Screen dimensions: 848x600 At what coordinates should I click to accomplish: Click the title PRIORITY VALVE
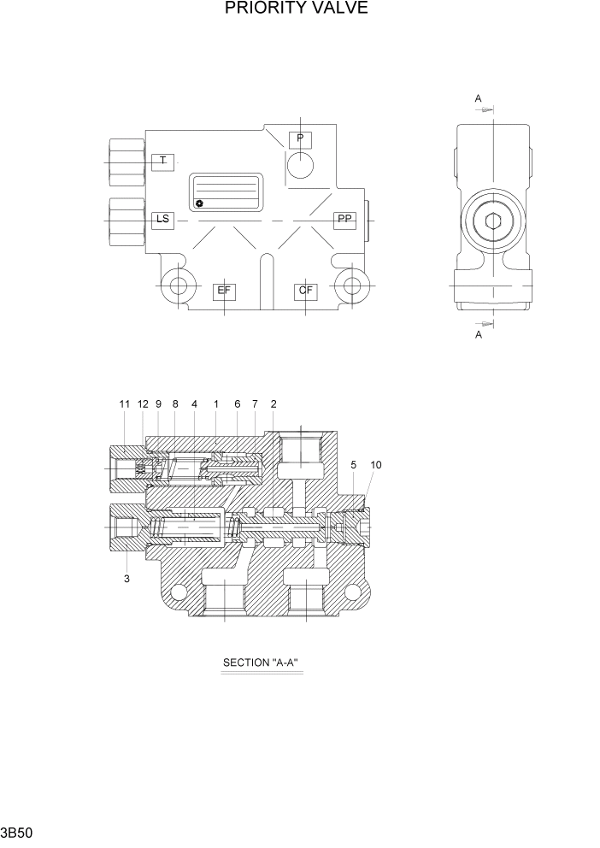pyautogui.click(x=297, y=9)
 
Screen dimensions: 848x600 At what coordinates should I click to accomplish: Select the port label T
pyautogui.click(x=162, y=162)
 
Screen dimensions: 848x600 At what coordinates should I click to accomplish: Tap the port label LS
pyautogui.click(x=162, y=220)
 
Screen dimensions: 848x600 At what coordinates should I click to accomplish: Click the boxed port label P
pyautogui.click(x=301, y=138)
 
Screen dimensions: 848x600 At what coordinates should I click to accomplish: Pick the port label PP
pyautogui.click(x=344, y=220)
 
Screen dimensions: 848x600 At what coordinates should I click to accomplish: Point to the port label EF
pyautogui.click(x=224, y=291)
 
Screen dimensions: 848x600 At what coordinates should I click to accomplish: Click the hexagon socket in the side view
pyautogui.click(x=494, y=224)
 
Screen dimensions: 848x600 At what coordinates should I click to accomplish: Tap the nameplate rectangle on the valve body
pyautogui.click(x=225, y=192)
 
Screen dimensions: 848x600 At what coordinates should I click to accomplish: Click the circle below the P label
pyautogui.click(x=301, y=164)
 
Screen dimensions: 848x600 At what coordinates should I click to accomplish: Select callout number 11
pyautogui.click(x=124, y=403)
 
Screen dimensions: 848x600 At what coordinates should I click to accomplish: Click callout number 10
pyautogui.click(x=376, y=465)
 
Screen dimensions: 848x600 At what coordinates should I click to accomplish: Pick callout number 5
pyautogui.click(x=353, y=465)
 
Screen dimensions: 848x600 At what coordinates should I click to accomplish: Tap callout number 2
pyautogui.click(x=274, y=403)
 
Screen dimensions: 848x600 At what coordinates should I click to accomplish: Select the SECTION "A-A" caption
pyautogui.click(x=262, y=662)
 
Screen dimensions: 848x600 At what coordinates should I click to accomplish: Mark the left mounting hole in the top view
pyautogui.click(x=179, y=286)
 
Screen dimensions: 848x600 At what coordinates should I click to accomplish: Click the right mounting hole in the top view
pyautogui.click(x=351, y=286)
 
